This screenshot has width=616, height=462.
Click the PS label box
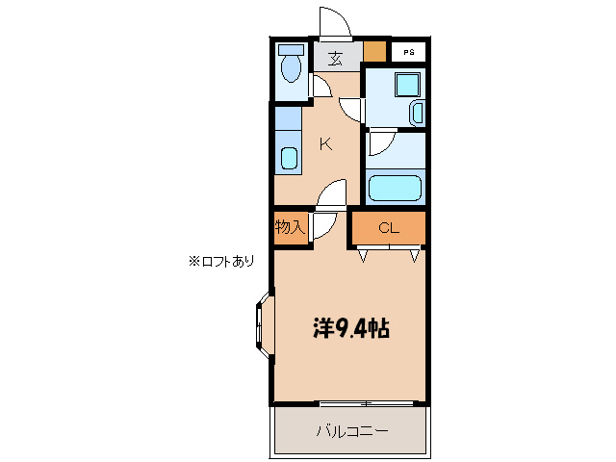tap(408, 53)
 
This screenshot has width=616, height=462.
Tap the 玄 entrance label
tap(335, 57)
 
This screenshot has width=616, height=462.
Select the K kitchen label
tap(325, 144)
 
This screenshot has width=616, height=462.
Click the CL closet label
tap(387, 228)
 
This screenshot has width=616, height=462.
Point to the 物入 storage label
tap(289, 227)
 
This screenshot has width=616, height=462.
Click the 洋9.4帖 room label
tap(350, 329)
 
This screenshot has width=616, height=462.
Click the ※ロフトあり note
tap(222, 260)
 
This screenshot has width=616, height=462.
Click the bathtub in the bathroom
tap(396, 187)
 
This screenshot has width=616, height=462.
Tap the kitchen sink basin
tap(288, 159)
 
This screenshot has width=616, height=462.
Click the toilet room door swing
tap(321, 88)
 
